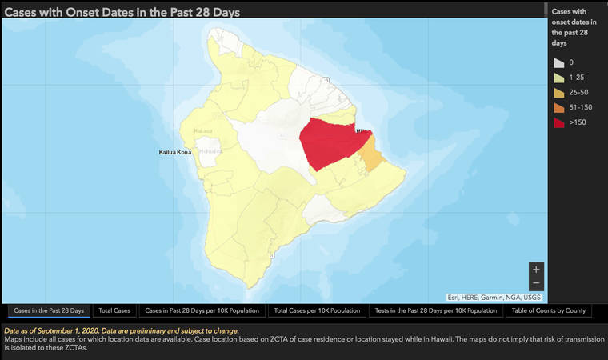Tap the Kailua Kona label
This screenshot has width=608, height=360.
pos(175,151)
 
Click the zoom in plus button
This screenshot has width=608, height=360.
pos(536,270)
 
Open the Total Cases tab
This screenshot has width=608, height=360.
pos(114,310)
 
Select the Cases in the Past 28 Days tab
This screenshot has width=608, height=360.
pos(49,310)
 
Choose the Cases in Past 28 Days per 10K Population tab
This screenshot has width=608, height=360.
pos(202,310)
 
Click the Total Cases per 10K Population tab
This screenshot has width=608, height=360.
pos(317,310)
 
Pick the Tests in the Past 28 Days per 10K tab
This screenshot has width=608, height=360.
pos(436,310)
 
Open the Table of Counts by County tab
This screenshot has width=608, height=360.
pos(549,310)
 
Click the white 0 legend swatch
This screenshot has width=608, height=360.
pos(557,62)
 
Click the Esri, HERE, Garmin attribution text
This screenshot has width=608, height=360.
pos(494,297)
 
